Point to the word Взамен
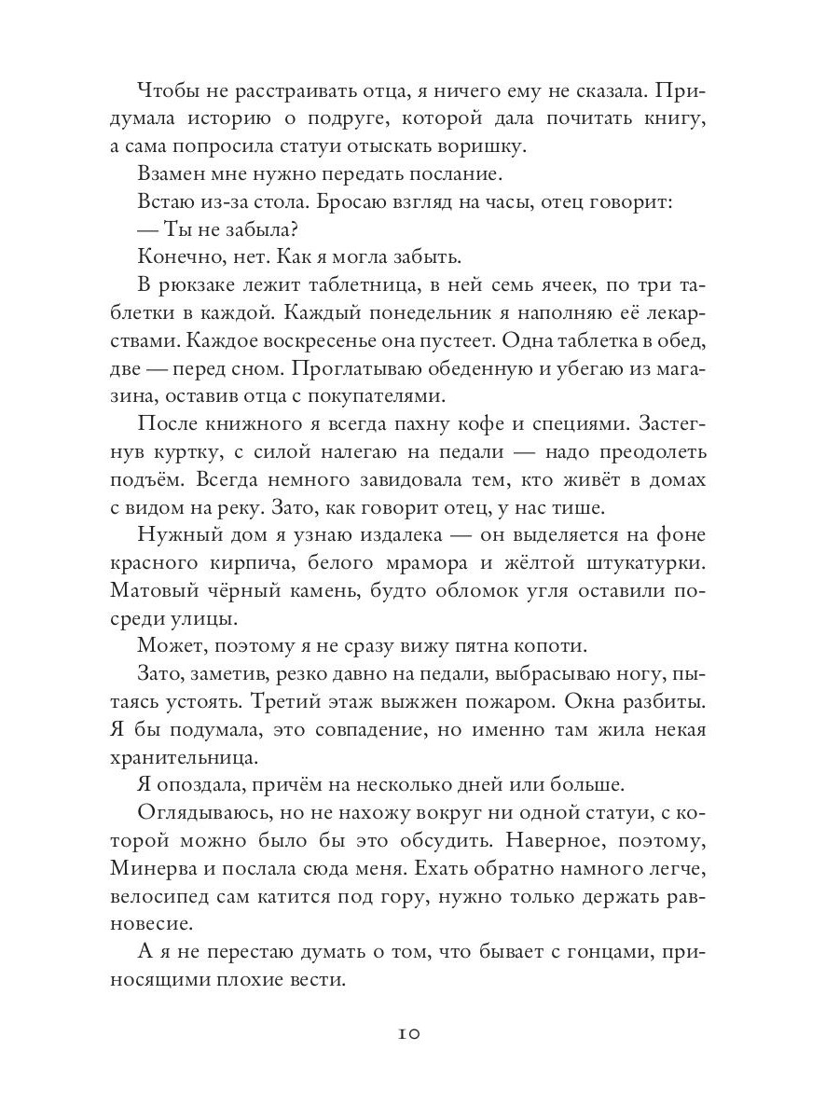(177, 174)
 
